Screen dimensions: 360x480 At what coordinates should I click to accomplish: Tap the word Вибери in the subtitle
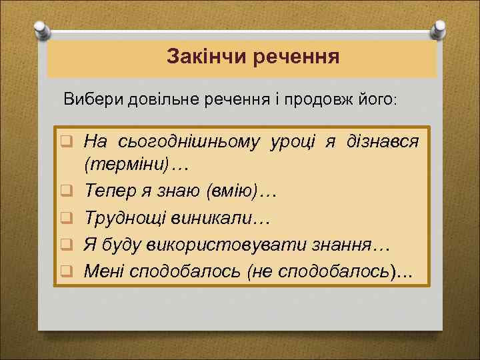point(89,100)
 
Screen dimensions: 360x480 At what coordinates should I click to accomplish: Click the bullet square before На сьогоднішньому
point(67,141)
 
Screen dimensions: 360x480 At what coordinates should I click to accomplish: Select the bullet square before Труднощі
point(67,218)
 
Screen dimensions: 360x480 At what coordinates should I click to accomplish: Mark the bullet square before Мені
point(67,271)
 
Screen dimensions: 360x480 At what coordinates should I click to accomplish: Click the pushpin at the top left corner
point(41,28)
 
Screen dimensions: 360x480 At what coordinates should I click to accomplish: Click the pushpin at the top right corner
point(439,28)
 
